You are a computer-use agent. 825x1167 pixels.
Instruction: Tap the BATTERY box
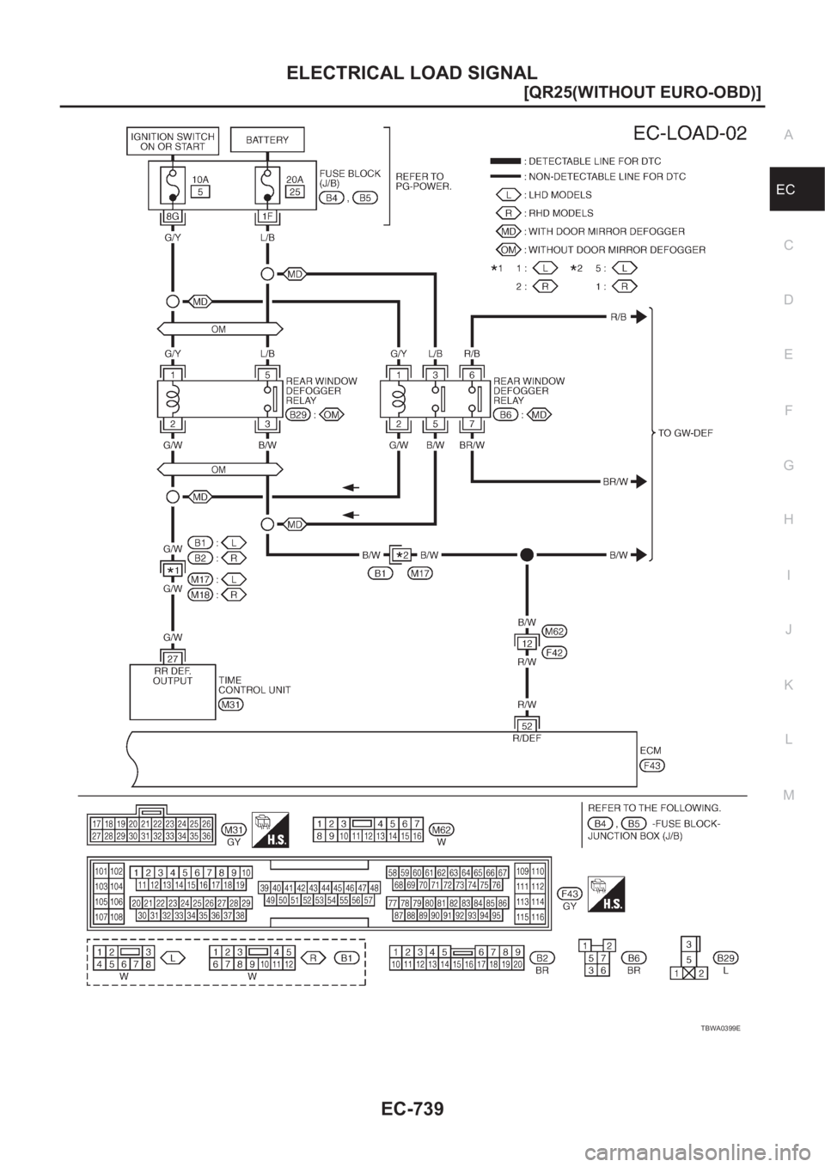[x=267, y=139]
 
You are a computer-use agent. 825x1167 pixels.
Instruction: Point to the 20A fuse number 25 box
[x=294, y=192]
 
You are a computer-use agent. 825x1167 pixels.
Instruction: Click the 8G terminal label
[x=173, y=217]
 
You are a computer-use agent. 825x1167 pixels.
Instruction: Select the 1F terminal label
[x=267, y=217]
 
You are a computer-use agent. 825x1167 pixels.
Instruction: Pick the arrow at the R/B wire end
[x=638, y=316]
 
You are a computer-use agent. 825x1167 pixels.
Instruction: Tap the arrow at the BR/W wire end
[x=638, y=482]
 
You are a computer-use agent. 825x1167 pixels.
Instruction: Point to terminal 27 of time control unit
[x=173, y=658]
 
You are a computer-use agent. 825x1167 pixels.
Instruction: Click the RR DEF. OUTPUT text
[x=172, y=676]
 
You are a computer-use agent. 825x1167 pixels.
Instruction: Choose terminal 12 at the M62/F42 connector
[x=526, y=642]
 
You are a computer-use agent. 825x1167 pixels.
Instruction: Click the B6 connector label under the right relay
[x=507, y=413]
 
